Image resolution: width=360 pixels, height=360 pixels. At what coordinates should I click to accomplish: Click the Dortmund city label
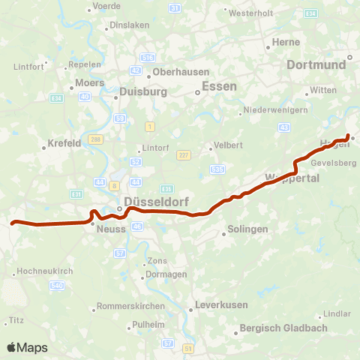pyautogui.click(x=316, y=65)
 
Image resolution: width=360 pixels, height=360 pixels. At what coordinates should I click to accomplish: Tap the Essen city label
pyautogui.click(x=220, y=86)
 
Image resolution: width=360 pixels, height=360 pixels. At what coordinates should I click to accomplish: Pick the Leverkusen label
pyautogui.click(x=216, y=305)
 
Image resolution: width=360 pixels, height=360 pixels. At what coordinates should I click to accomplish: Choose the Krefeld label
pyautogui.click(x=64, y=142)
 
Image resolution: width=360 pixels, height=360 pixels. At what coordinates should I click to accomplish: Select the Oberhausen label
pyautogui.click(x=178, y=73)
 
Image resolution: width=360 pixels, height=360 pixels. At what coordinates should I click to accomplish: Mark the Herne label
pyautogui.click(x=286, y=43)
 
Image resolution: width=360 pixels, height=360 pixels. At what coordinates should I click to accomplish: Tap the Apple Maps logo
pyautogui.click(x=27, y=347)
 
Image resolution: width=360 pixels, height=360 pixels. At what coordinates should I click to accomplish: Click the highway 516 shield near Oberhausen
pyautogui.click(x=148, y=58)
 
